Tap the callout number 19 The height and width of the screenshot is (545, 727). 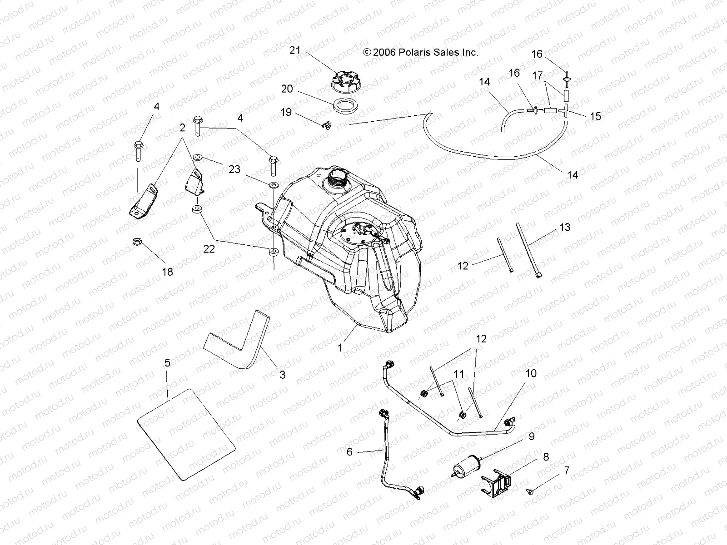[x=286, y=112]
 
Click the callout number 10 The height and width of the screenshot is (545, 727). [x=531, y=373]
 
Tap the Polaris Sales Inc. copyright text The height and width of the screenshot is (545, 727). [x=420, y=53]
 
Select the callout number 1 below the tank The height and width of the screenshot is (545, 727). [x=340, y=348]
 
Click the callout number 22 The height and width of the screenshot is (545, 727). [x=209, y=249]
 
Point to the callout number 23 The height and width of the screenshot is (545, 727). [x=234, y=169]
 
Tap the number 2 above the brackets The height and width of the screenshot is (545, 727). [x=182, y=128]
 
